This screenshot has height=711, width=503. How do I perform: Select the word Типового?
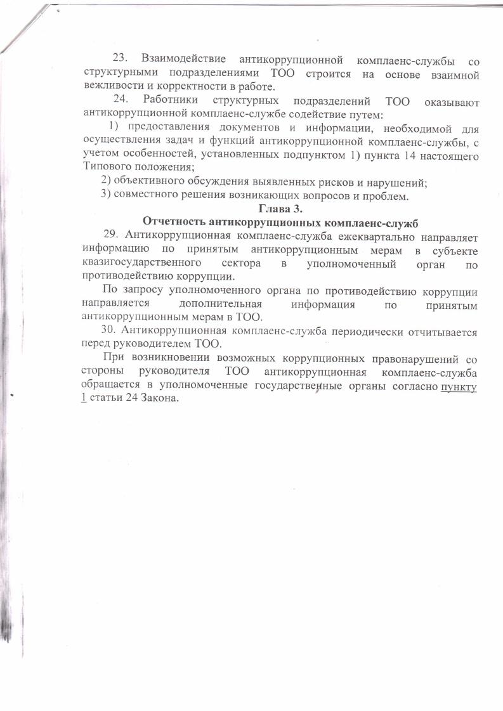(105, 168)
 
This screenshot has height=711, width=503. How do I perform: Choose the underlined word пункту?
(459, 386)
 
